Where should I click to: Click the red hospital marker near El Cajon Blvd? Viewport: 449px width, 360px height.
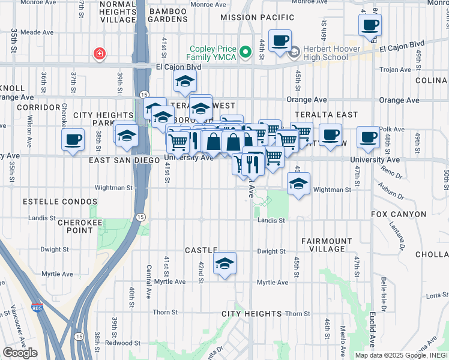click(99, 55)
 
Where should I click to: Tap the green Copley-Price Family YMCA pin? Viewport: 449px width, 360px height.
click(245, 53)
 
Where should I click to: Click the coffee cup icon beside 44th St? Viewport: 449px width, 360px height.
click(280, 41)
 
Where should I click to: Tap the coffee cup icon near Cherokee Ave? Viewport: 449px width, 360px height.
click(73, 140)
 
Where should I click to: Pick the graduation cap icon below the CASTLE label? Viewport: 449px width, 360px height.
click(224, 264)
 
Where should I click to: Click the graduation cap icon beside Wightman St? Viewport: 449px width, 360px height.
click(298, 184)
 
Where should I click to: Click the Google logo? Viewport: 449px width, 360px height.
click(20, 353)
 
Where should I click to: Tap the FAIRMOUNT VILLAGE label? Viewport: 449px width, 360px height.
click(323, 245)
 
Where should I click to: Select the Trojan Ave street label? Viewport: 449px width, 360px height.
click(395, 70)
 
